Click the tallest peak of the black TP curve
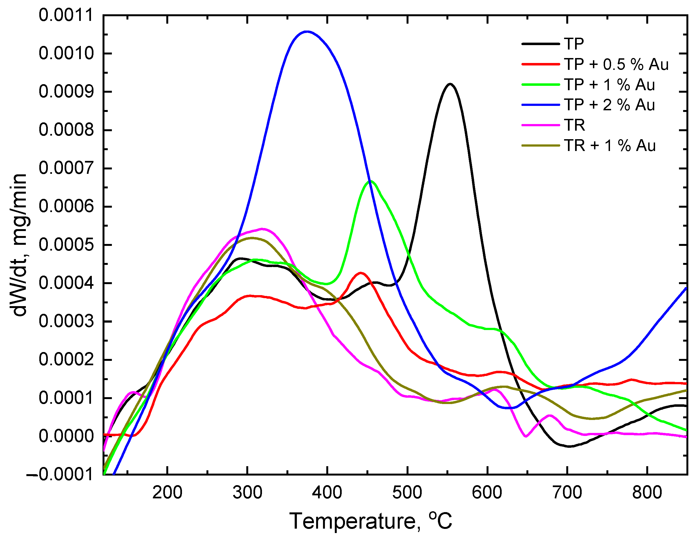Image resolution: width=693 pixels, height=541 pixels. tap(450, 84)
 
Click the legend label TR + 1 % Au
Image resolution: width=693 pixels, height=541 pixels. tap(609, 146)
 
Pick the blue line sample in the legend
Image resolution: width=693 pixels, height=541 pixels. tap(540, 105)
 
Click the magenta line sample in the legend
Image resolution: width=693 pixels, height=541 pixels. tap(540, 125)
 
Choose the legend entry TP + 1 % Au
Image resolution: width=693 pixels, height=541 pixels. tap(609, 85)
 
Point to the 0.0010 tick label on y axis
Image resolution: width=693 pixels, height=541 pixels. tap(66, 53)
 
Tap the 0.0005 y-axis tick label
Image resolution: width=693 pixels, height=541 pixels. tap(66, 245)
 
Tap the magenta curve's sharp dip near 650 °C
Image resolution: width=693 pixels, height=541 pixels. tap(526, 436)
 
